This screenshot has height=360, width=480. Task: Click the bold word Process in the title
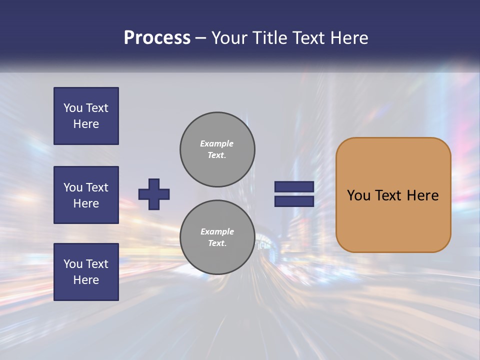pyautogui.click(x=157, y=38)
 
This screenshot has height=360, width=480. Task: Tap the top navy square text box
pyautogui.click(x=86, y=116)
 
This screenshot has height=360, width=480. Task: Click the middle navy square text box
pyautogui.click(x=86, y=195)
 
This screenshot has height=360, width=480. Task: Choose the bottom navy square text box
pyautogui.click(x=86, y=272)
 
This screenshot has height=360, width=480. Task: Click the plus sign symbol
pyautogui.click(x=154, y=194)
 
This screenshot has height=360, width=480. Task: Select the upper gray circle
pyautogui.click(x=217, y=149)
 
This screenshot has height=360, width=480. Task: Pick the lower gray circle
pyautogui.click(x=217, y=237)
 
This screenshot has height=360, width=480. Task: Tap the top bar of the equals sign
pyautogui.click(x=294, y=187)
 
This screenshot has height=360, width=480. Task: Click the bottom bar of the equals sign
pyautogui.click(x=294, y=201)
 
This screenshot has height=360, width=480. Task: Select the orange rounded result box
pyautogui.click(x=393, y=195)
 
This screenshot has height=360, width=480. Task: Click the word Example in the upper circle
pyautogui.click(x=217, y=143)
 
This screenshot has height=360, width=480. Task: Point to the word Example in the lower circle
pyautogui.click(x=217, y=231)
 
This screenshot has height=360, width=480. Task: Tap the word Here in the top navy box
pyautogui.click(x=86, y=124)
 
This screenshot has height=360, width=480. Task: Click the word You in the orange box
pyautogui.click(x=358, y=195)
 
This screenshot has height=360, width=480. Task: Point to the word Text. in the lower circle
pyautogui.click(x=217, y=243)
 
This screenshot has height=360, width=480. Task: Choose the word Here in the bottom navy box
pyautogui.click(x=86, y=280)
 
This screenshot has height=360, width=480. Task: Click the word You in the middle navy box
pyautogui.click(x=72, y=187)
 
